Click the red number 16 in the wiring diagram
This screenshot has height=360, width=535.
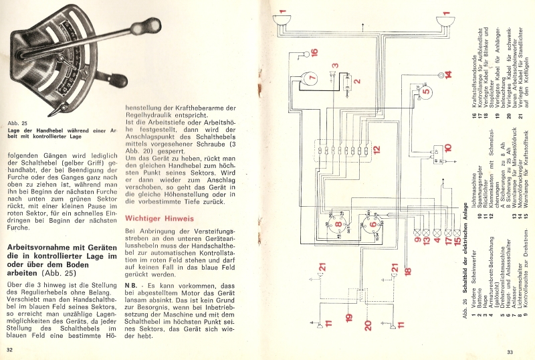pos(314,52)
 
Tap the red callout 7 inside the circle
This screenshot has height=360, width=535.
pos(312,79)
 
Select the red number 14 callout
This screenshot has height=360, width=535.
pos(447,74)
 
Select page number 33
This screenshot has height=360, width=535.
pos(510,351)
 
